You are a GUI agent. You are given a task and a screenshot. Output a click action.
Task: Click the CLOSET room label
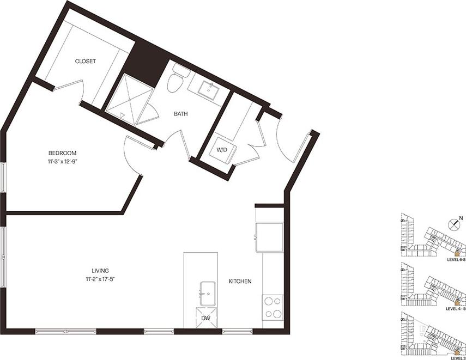[86, 62]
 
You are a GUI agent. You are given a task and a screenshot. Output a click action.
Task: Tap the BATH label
[181, 114]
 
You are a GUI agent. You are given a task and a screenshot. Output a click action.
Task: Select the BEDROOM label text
[62, 153]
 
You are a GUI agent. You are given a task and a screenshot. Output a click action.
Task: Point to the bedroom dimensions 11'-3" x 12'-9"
[62, 161]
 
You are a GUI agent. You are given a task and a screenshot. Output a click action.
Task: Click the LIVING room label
[100, 271]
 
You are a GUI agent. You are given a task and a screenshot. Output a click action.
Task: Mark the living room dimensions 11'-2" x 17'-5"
[100, 279]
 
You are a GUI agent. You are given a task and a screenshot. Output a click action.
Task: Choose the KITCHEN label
[240, 282]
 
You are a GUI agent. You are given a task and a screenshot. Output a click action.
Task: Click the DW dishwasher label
[206, 318]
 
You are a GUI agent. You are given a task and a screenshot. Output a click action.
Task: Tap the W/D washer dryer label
[222, 149]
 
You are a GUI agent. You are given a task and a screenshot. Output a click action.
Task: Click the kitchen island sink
[208, 294]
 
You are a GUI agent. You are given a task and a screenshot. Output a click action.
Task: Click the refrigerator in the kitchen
[270, 236]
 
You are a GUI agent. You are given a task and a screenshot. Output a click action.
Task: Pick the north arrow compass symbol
[453, 224]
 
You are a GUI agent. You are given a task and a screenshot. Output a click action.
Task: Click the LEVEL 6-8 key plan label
[456, 260]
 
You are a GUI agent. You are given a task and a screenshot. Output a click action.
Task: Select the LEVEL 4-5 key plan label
[456, 309]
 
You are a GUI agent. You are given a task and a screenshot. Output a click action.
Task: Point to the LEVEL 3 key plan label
[457, 358]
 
